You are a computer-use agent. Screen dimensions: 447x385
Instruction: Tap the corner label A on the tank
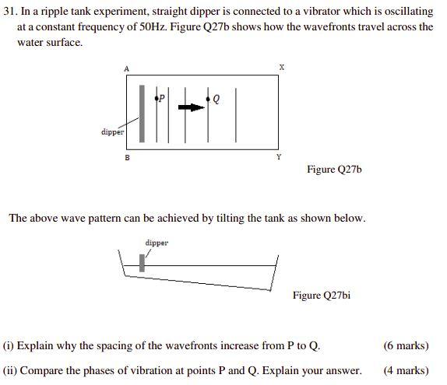coord(126,69)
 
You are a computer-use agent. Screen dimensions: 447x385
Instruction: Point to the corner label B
coord(128,157)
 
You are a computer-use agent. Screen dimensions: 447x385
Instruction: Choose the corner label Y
coord(279,157)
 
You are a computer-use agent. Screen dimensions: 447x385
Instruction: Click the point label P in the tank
coord(162,98)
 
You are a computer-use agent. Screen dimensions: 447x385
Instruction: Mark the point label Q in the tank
coord(216,99)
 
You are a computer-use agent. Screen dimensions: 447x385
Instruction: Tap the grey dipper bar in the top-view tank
coord(142,114)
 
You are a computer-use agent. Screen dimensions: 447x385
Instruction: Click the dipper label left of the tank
coord(112,131)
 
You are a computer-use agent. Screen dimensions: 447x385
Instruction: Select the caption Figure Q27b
coord(334,169)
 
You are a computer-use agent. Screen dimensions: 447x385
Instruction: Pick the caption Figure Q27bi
coord(321,295)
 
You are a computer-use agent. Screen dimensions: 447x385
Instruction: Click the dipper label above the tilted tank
coord(157,243)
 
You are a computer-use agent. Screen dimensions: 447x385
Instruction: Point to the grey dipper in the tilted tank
coord(143,263)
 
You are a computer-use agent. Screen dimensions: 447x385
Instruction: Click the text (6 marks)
coord(406,345)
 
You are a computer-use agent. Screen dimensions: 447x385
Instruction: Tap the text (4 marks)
coord(406,370)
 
